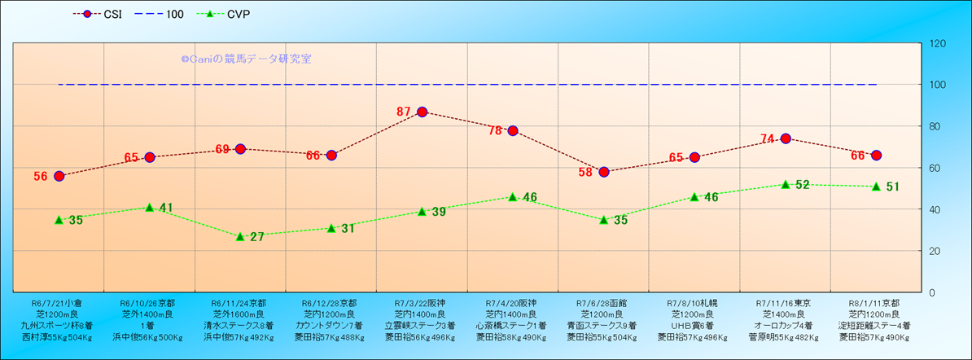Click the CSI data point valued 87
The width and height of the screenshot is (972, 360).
422,112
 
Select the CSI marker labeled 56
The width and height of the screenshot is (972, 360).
59,176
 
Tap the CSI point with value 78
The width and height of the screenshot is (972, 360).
513,131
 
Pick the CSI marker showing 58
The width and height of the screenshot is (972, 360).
604,172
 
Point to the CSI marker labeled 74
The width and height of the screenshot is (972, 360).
786,138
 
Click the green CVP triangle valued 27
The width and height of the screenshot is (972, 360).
240,236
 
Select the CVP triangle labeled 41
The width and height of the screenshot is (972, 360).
150,207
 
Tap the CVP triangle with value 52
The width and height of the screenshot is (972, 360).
786,184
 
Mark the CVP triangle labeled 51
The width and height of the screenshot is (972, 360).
876,187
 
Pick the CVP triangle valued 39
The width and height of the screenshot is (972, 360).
422,211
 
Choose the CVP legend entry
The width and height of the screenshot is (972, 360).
231,15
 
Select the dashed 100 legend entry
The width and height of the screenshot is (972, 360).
163,15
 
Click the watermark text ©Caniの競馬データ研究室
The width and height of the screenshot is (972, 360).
246,59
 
